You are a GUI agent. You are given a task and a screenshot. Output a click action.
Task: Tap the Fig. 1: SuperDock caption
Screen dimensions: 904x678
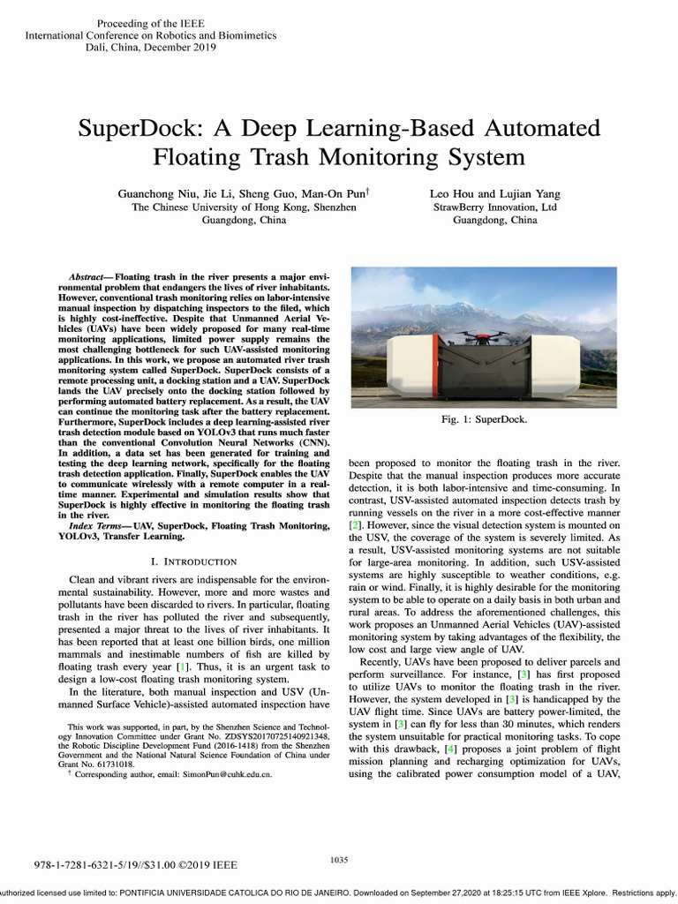point(484,419)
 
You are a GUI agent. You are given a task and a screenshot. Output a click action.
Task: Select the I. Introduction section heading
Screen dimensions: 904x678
point(193,561)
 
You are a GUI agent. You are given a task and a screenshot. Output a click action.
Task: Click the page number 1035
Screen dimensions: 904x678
point(339,859)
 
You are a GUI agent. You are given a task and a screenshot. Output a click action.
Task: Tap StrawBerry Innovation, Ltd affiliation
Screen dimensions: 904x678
point(493,207)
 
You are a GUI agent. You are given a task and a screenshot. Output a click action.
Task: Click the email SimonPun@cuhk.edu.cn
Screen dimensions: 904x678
point(222,773)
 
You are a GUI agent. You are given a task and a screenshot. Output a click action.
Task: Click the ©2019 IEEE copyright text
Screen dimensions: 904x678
point(211,866)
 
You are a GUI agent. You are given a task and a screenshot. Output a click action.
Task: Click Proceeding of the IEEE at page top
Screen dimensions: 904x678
point(151,22)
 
